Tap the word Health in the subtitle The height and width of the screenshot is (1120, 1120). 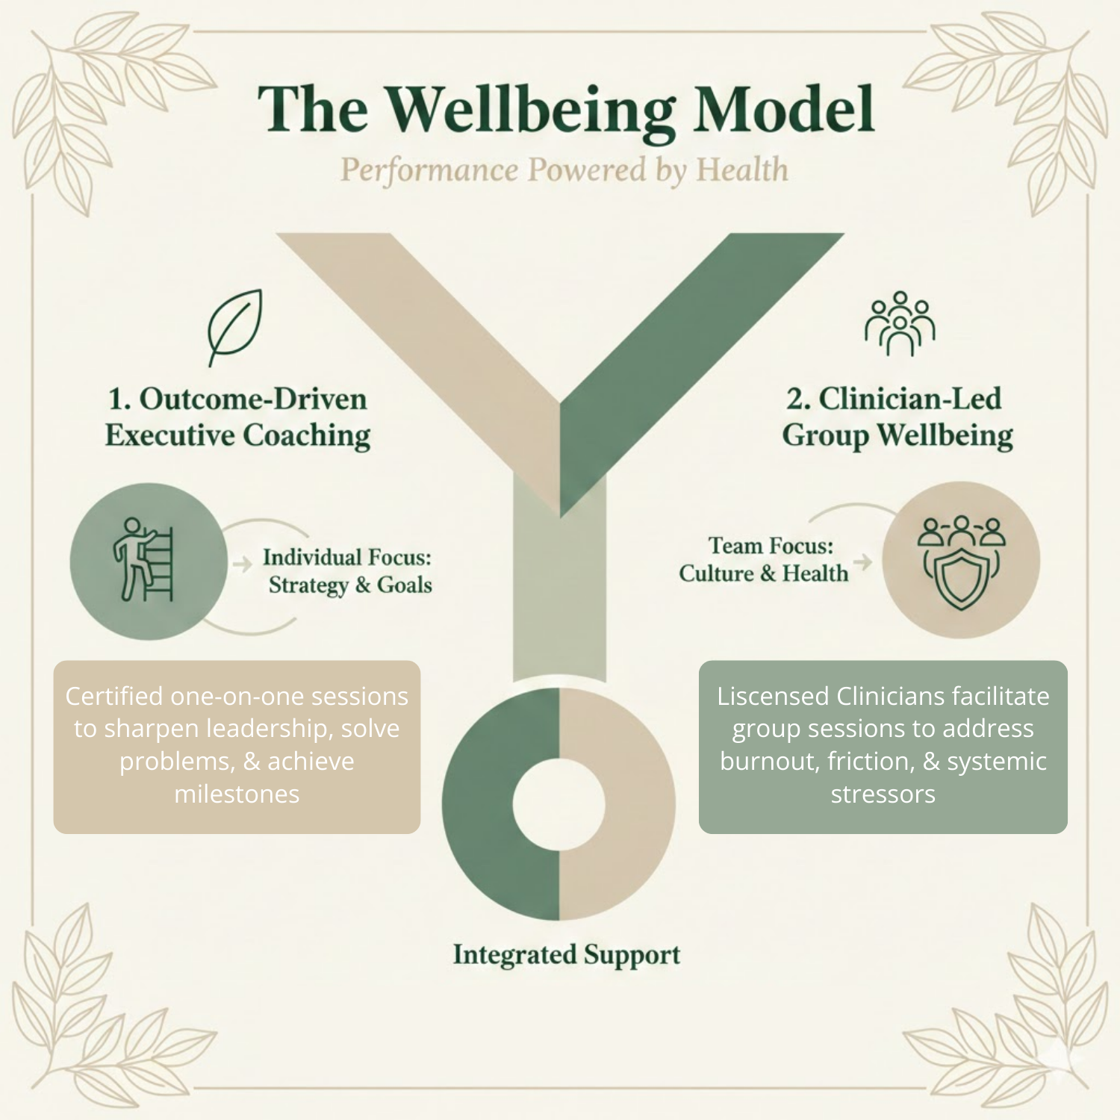coord(742,170)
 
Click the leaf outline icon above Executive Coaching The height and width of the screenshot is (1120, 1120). coord(234,326)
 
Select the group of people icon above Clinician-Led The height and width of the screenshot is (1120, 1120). coord(900,323)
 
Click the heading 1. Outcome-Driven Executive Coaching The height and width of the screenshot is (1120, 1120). coord(237,417)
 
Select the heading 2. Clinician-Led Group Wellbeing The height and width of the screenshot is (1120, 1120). coord(897,417)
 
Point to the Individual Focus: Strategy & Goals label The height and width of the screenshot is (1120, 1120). coord(348,571)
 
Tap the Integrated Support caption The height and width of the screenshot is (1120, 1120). coord(566,955)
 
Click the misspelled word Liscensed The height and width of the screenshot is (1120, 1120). coord(773,696)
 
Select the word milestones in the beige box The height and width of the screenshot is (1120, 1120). coord(237,794)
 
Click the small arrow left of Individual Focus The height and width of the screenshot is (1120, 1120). coord(243,564)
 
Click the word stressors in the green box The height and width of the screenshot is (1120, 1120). coord(883,794)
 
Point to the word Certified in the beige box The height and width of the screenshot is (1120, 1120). coord(114,696)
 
